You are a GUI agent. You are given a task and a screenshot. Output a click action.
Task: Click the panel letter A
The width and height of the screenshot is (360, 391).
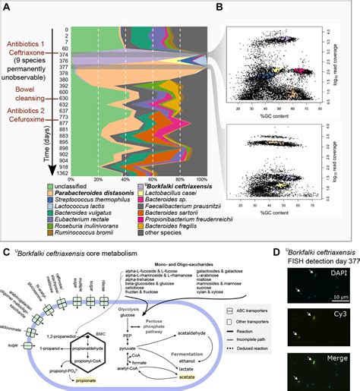tap(7, 7)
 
